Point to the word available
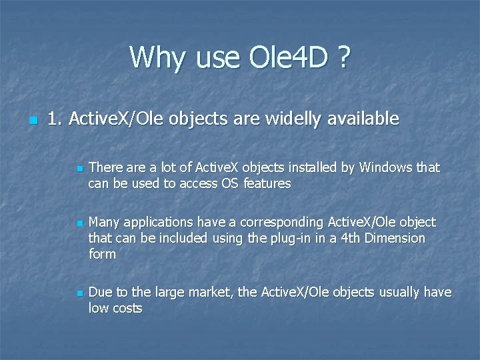click(360, 119)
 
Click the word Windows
click(386, 167)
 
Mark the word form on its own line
click(102, 254)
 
